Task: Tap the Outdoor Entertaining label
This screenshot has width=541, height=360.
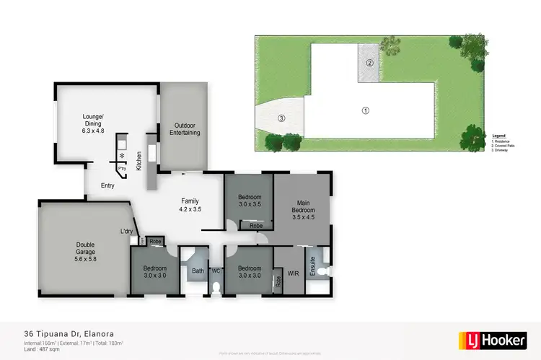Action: coord(185,128)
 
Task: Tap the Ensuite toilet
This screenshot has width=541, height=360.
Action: coord(324,271)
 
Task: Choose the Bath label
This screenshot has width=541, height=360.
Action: coord(197,271)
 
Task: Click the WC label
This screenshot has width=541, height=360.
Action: coord(215,271)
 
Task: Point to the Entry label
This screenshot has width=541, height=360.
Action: coord(107,186)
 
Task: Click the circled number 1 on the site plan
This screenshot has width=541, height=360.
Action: coord(365,110)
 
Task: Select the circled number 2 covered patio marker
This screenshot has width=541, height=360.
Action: coord(369,63)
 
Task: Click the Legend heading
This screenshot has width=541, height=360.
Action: coord(498,136)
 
